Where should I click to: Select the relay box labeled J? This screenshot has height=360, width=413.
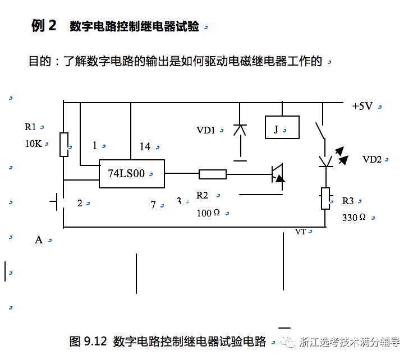[281, 127]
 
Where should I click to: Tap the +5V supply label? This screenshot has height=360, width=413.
[362, 106]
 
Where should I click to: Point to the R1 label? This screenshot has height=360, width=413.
[30, 127]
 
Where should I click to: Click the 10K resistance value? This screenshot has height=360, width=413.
[33, 143]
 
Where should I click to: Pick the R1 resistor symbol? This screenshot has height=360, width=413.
[64, 145]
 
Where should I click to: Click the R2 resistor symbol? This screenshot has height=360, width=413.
[212, 174]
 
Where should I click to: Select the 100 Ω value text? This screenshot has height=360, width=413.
[208, 213]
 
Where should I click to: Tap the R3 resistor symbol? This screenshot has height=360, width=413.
[325, 198]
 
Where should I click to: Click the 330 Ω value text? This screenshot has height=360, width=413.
[354, 217]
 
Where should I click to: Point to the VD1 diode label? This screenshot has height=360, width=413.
[206, 130]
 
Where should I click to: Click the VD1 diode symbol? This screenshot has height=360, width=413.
[240, 130]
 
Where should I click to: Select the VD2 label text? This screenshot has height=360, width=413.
[372, 159]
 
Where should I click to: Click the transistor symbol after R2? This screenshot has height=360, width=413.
[277, 173]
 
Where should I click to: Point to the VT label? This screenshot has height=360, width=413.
[301, 231]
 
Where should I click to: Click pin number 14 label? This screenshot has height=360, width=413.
[145, 146]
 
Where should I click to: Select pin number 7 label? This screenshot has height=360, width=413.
[153, 205]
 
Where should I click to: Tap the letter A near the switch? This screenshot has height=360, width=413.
[39, 240]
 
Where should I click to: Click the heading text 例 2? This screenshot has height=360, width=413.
[44, 26]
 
